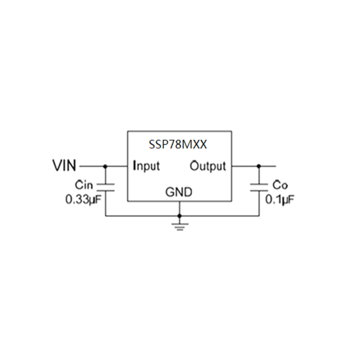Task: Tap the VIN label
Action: click(65, 166)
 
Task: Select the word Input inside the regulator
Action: click(147, 166)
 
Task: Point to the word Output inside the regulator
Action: click(207, 166)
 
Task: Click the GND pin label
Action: click(179, 193)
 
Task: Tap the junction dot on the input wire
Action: click(105, 166)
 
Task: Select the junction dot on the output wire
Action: click(259, 166)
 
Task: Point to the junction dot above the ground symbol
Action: click(180, 216)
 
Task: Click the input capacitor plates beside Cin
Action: click(105, 187)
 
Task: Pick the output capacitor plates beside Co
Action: click(259, 187)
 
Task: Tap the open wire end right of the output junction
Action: click(274, 166)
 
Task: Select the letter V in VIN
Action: click(57, 166)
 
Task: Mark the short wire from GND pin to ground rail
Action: click(180, 208)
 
